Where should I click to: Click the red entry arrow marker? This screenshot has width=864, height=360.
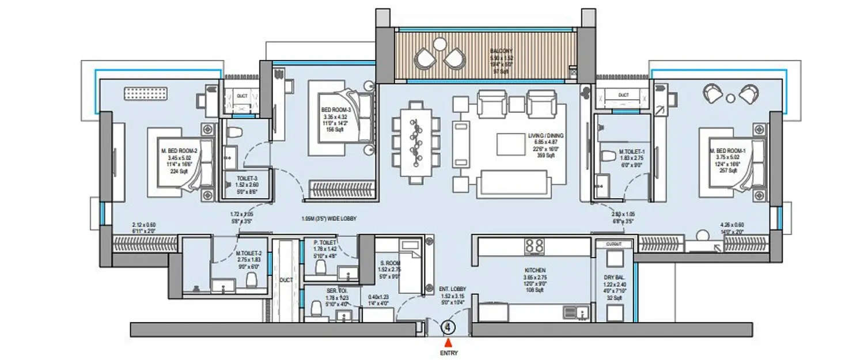coord(448,342)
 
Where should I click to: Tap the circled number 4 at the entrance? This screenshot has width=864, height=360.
coord(448,328)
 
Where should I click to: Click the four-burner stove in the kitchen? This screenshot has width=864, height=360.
coord(535,246)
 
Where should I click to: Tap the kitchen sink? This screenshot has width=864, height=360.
coord(577,313)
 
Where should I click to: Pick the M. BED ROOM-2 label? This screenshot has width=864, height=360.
coord(179,151)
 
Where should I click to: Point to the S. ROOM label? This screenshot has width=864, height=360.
coord(388,262)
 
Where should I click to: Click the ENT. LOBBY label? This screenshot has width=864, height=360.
coord(452,289)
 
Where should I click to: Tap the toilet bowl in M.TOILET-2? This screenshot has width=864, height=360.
coord(251,281)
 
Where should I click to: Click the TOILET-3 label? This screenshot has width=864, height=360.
coord(242,179)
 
